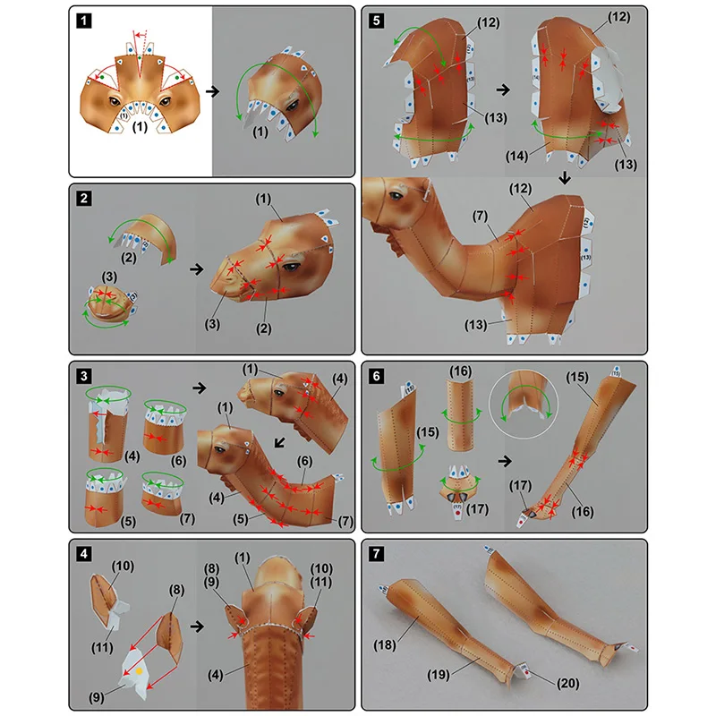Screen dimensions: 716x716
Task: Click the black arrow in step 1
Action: (x=210, y=91)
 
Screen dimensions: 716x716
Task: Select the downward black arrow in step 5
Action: (x=565, y=178)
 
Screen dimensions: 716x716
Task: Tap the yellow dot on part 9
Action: (x=139, y=669)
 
